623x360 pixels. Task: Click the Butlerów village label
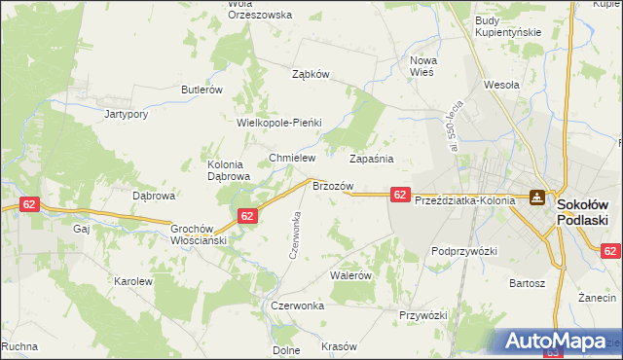click(x=202, y=90)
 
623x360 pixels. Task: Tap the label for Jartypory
click(x=126, y=114)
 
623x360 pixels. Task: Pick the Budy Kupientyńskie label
click(x=507, y=26)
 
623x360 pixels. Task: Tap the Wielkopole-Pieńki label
click(x=279, y=124)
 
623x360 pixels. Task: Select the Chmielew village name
click(x=289, y=158)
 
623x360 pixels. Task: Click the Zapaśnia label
click(x=371, y=158)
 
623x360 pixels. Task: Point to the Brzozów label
click(x=331, y=185)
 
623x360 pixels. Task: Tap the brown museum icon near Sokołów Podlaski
click(x=537, y=198)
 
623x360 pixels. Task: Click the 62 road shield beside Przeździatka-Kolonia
click(x=400, y=195)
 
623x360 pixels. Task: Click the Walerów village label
click(x=351, y=275)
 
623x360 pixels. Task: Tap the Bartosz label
click(x=526, y=283)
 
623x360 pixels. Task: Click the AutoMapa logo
click(x=557, y=341)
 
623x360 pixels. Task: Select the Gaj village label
click(x=81, y=230)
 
